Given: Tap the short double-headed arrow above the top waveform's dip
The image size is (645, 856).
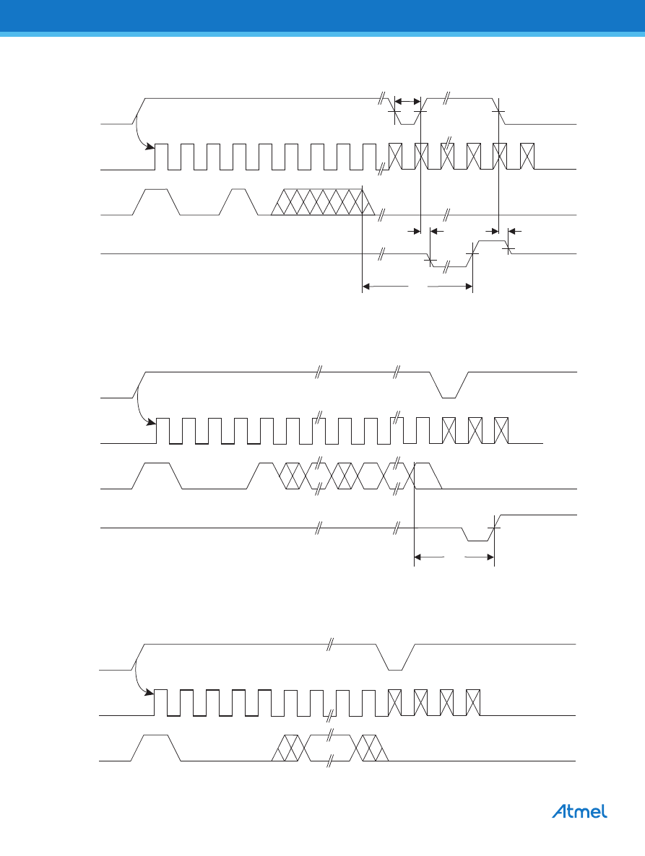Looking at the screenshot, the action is (x=407, y=102).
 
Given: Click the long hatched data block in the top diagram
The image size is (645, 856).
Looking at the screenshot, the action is (x=324, y=202).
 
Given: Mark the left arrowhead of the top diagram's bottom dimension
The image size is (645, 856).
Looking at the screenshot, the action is (x=366, y=286).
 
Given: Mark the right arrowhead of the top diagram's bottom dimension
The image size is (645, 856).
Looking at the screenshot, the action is (x=468, y=286).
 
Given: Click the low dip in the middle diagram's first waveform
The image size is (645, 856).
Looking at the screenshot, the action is (x=449, y=385).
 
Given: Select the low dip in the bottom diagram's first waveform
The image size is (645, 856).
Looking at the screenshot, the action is (x=395, y=658).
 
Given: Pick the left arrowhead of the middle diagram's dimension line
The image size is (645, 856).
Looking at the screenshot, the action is (x=418, y=557).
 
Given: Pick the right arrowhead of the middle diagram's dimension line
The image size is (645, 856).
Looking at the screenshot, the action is (x=490, y=557).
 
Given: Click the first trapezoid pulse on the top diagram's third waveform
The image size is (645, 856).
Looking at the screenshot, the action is (x=157, y=202).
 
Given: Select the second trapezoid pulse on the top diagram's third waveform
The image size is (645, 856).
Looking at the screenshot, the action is (x=239, y=202).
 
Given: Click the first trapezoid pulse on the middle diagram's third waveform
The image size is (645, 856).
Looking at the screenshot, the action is (x=157, y=476).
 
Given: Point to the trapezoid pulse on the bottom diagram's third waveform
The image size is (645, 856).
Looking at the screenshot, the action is (x=155, y=748).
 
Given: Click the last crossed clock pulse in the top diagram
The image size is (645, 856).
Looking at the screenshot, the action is (x=527, y=157).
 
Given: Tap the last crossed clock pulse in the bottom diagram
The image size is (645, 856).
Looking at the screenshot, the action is (x=473, y=702).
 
